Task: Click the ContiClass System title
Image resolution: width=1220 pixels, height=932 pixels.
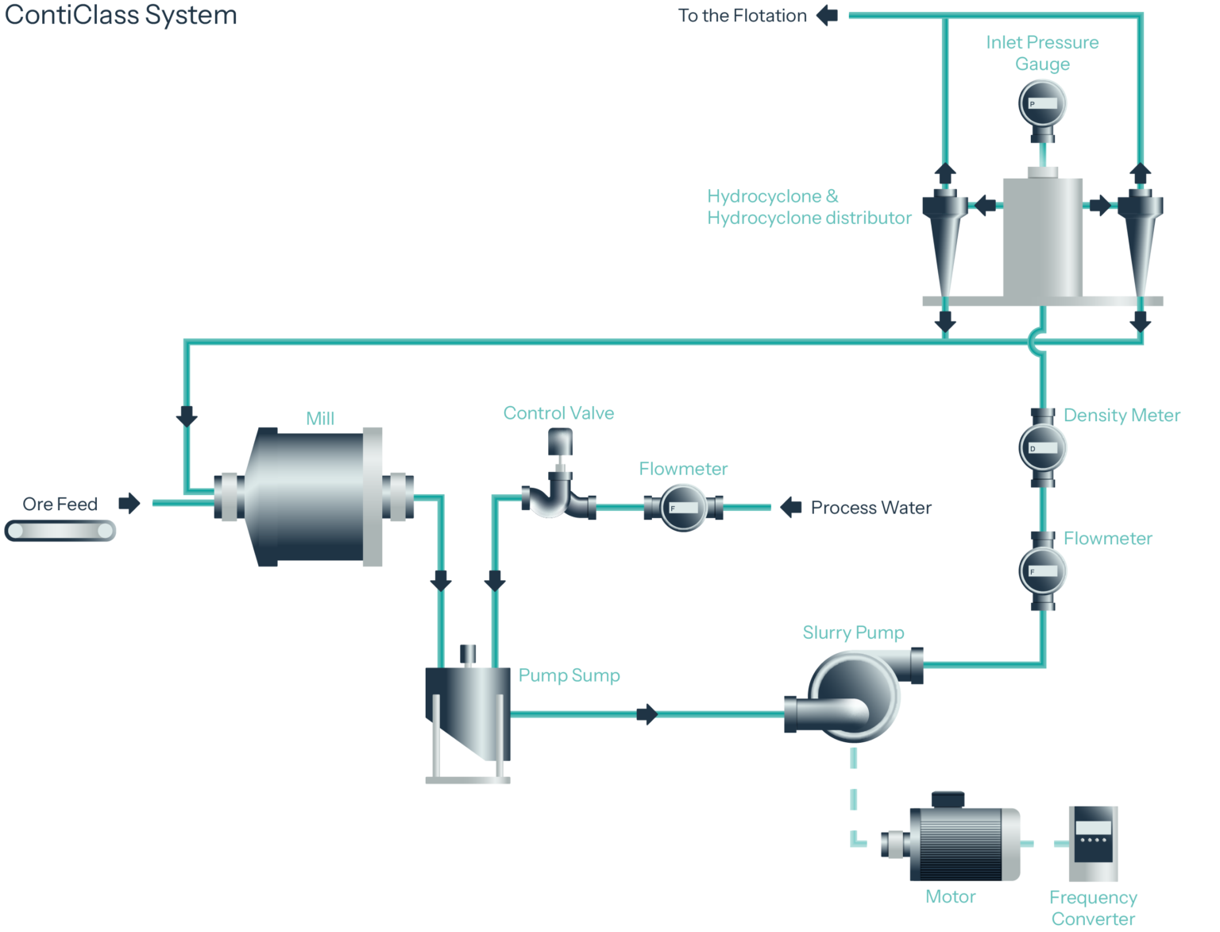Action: pos(121,15)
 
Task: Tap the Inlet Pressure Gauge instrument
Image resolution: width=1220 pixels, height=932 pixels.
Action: pos(1042,105)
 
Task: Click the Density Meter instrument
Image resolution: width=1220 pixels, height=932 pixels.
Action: pos(1043,447)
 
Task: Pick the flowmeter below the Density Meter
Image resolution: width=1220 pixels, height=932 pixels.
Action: pos(1043,570)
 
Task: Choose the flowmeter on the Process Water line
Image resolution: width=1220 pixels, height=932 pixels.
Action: pos(683,508)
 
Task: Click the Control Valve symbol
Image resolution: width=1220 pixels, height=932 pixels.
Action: pos(559,485)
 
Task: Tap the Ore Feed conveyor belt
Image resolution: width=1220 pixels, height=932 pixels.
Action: pos(60,530)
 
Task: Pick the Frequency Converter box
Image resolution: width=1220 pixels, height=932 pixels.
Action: pos(1093,843)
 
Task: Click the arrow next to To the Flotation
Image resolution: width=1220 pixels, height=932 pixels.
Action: pos(827,15)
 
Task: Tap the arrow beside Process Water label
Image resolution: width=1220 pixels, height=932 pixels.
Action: pos(790,508)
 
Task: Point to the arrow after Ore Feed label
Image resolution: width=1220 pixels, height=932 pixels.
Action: pos(129,503)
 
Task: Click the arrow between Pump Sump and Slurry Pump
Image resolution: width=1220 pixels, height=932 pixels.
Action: pos(647,714)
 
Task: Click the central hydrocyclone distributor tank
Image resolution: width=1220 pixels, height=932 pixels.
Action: pos(1042,236)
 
